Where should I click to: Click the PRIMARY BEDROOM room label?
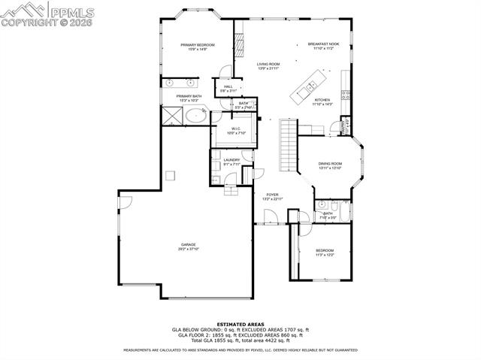[x=198, y=45]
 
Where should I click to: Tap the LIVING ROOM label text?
[x=268, y=65]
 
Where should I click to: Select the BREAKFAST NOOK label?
[x=323, y=44]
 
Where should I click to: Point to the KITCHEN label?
[x=322, y=100]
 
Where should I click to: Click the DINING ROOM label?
[x=331, y=164]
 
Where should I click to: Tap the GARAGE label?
[x=188, y=244]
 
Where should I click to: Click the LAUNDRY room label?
[x=231, y=160]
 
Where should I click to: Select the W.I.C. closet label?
[x=235, y=129]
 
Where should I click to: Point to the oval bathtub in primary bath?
[x=198, y=116]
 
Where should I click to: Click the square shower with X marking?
[x=172, y=115]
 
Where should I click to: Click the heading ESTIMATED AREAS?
[x=240, y=325]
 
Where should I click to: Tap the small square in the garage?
[x=171, y=176]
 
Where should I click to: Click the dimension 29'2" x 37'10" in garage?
[x=188, y=250]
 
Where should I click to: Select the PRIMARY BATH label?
[x=189, y=96]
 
